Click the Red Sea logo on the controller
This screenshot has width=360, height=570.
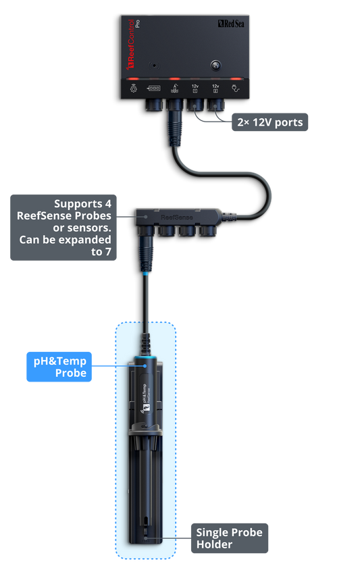[x=230, y=24]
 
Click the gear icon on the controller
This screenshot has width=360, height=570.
[x=134, y=87]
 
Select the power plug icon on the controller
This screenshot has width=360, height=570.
[x=236, y=87]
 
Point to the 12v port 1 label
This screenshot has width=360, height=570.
[x=195, y=87]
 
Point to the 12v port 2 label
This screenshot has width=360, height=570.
[x=215, y=87]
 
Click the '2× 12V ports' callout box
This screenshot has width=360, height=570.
[x=269, y=122]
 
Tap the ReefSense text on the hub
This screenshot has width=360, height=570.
[x=176, y=217]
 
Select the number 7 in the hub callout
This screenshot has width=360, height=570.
[x=107, y=252]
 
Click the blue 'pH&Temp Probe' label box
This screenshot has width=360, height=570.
[x=60, y=367]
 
